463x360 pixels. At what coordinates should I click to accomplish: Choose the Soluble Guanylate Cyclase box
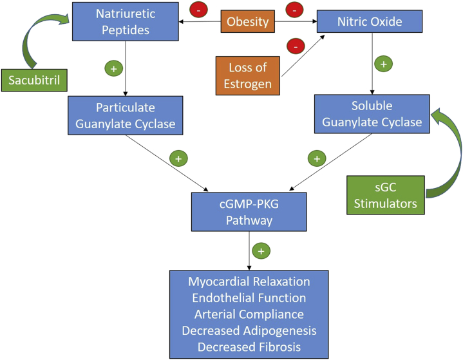click(372, 113)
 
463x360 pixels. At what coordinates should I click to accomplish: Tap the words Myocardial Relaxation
click(249, 282)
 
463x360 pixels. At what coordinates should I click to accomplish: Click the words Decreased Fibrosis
click(249, 346)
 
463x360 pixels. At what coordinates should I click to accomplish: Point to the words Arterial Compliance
click(249, 314)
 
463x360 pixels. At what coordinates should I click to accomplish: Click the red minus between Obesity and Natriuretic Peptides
click(198, 10)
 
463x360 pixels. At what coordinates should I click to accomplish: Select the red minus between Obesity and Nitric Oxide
click(294, 10)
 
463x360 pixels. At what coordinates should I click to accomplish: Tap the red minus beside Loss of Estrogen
click(294, 46)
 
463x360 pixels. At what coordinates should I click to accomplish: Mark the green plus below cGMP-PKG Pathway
click(260, 251)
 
